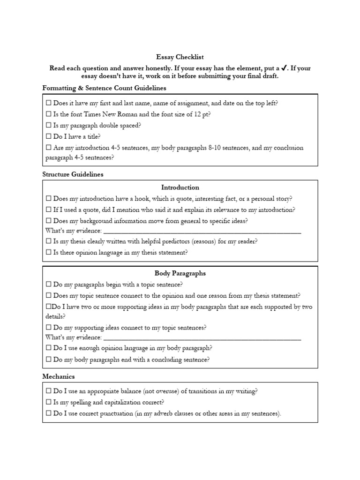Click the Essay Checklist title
click(180, 57)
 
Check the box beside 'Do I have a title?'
click(49, 137)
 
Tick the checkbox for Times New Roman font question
click(49, 114)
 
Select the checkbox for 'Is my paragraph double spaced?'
click(49, 126)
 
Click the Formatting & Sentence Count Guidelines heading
click(104, 88)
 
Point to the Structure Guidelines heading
click(73, 174)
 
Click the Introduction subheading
click(180, 187)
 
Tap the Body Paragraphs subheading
click(180, 273)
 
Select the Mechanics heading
click(59, 376)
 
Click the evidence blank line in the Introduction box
click(202, 231)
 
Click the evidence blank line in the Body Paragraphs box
click(202, 337)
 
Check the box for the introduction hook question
click(49, 199)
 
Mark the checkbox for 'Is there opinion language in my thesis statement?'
click(49, 253)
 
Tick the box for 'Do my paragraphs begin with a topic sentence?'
click(49, 285)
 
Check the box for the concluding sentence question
click(49, 360)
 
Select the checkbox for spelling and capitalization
click(49, 403)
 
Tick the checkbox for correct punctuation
click(49, 414)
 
